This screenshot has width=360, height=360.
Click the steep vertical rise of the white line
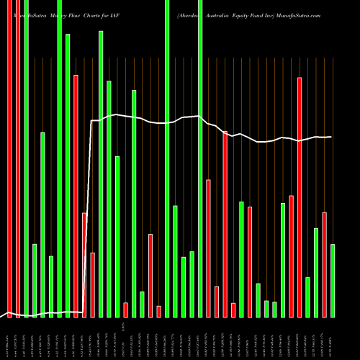pos(90,216)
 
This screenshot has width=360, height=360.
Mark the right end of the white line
pos(331,137)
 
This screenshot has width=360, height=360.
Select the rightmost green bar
pos(333,281)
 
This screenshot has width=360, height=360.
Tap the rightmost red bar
pos(324,264)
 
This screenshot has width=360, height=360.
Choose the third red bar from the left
pos(76,194)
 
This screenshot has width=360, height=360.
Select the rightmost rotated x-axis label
pos(333,338)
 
